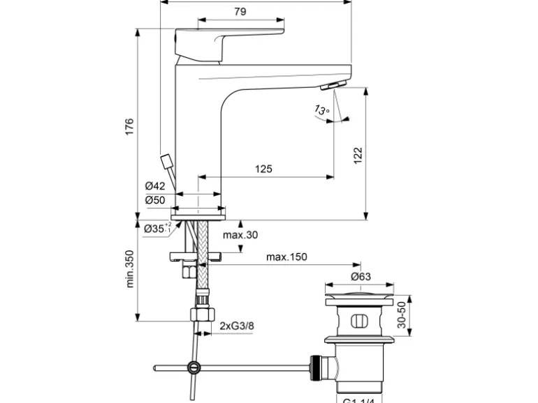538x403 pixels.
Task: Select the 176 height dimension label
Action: click(129, 128)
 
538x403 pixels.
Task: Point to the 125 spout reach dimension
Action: click(263, 169)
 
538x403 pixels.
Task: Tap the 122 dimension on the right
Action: click(357, 154)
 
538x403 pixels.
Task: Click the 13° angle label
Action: click(321, 109)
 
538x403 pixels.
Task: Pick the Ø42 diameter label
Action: click(154, 186)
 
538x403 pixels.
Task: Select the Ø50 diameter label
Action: click(154, 200)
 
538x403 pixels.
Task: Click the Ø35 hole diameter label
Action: click(156, 228)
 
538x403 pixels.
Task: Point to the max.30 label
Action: click(240, 235)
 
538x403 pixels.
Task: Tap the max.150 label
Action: click(286, 257)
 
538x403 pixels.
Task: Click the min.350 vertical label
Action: click(129, 268)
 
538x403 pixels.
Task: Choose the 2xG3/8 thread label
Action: click(236, 326)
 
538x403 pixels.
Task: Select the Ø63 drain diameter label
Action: click(361, 276)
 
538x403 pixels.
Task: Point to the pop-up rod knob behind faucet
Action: click(167, 162)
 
